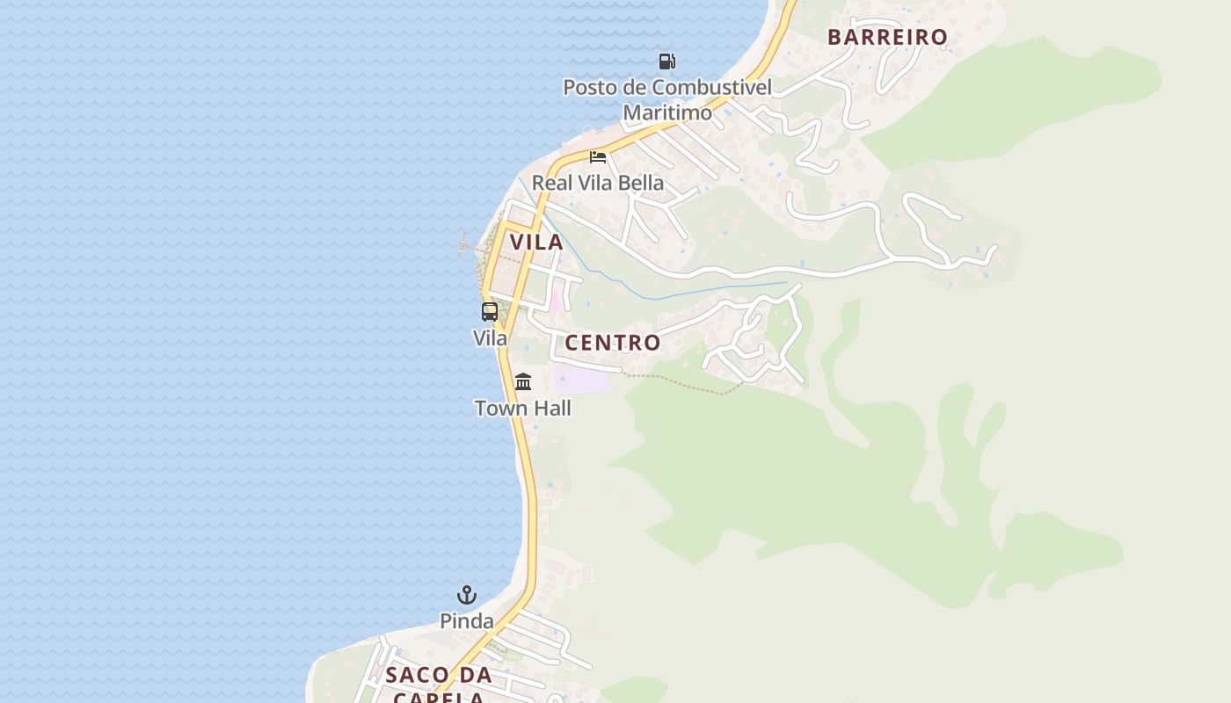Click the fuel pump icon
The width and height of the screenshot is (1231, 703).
coord(667,62)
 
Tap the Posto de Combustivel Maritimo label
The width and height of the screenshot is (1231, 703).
coord(667,99)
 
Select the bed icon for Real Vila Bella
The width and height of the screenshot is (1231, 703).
coord(598,157)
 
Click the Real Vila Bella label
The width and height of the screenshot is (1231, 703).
coord(598,183)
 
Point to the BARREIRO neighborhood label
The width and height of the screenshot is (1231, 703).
coord(887,37)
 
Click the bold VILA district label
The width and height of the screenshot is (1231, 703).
coord(536,243)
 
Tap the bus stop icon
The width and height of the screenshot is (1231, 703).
coord(490,311)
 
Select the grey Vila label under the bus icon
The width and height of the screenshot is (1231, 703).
coord(490,337)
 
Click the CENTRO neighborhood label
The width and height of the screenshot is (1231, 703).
coord(613,343)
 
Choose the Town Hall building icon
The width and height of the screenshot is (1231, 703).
coord(523,381)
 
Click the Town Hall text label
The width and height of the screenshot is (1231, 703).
coord(523,408)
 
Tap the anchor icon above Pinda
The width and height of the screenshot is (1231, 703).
coord(467,595)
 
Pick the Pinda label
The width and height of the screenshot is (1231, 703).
coord(467,621)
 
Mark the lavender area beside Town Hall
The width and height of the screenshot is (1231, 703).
coord(585,380)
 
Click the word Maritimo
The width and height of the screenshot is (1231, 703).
coord(667,112)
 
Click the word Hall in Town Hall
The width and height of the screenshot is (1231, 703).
coord(550,408)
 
